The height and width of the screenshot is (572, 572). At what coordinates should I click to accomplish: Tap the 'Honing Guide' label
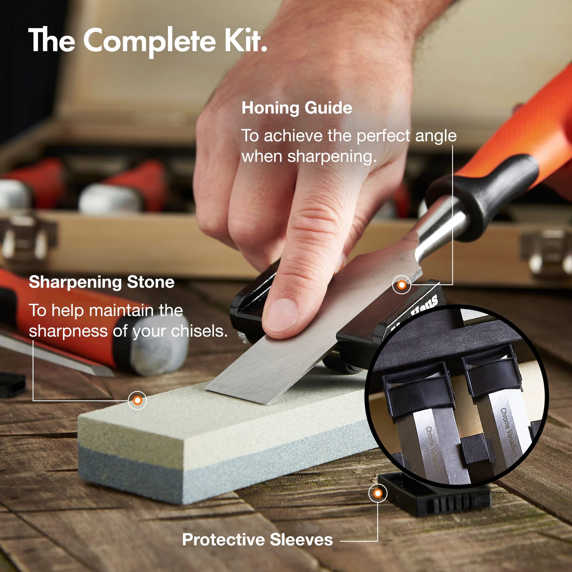point(297,108)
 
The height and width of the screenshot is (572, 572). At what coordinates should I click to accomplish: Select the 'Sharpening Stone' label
point(101,282)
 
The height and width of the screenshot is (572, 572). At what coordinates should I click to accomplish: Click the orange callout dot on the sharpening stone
point(137,400)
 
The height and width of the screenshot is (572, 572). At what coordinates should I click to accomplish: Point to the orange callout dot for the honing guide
point(402,285)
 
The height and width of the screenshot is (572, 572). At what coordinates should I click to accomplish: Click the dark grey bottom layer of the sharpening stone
point(207,465)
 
